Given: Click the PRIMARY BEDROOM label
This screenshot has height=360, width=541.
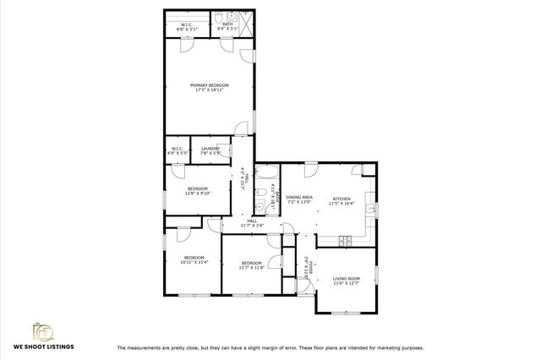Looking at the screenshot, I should coord(209,85).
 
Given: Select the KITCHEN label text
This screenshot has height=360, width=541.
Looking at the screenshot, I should coord(340,198).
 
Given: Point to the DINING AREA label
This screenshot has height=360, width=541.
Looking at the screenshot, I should coord(299,198).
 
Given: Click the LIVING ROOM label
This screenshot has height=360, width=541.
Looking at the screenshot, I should coord(346,278).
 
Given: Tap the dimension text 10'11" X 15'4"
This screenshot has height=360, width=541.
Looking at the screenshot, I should coord(194,262).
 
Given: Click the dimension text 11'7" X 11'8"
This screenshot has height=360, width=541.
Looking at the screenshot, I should coord(252,267).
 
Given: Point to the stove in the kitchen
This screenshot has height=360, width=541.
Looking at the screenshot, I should coord(345,240).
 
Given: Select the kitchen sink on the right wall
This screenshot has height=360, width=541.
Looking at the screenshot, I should coord(369,208).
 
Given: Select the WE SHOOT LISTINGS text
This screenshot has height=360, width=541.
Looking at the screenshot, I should coord(42,346).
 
